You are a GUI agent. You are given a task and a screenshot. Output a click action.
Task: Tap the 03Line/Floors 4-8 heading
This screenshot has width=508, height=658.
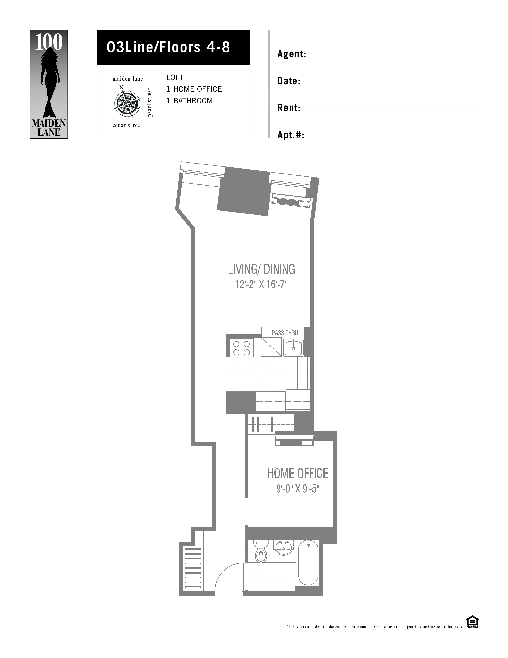pyautogui.click(x=169, y=47)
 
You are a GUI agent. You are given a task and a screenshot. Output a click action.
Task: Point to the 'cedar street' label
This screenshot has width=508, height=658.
pyautogui.click(x=127, y=125)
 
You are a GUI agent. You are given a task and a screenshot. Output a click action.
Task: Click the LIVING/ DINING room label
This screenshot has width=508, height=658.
pyautogui.click(x=261, y=269)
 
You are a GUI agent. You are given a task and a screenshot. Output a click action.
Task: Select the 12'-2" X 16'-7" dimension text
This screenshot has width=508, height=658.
pyautogui.click(x=261, y=284)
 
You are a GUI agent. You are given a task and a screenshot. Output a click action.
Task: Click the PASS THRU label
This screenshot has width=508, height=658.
pyautogui.click(x=285, y=333)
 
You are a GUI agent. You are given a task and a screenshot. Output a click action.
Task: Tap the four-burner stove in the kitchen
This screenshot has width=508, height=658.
pyautogui.click(x=242, y=348)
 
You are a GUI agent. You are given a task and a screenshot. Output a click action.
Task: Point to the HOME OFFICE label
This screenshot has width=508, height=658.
pyautogui.click(x=297, y=473)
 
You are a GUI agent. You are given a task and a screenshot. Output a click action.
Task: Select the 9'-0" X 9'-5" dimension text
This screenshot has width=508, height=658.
pyautogui.click(x=297, y=489)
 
